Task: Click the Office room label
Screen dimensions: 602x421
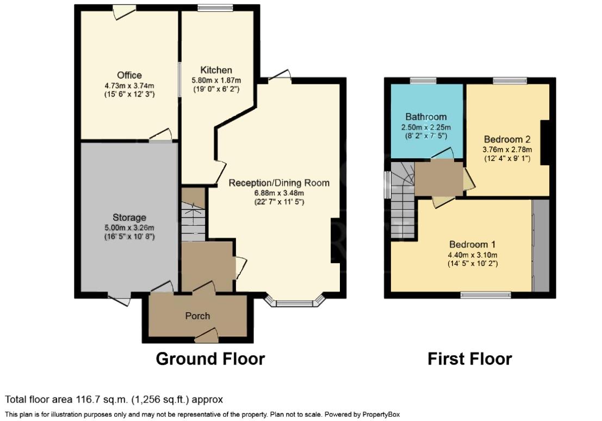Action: click(x=129, y=75)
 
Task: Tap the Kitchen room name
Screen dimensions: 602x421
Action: click(x=216, y=70)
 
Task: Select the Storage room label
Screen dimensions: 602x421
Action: click(x=129, y=218)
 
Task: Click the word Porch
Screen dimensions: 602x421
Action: click(x=198, y=315)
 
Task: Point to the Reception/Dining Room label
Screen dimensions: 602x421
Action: click(x=279, y=183)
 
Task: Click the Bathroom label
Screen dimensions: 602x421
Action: click(x=426, y=116)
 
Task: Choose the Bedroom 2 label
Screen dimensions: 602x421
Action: click(x=507, y=139)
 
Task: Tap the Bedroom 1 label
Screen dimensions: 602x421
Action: click(x=473, y=244)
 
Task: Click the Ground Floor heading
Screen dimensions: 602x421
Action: click(x=210, y=359)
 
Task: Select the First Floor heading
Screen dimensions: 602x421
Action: click(x=470, y=359)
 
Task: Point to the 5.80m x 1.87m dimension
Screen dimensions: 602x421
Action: click(x=216, y=81)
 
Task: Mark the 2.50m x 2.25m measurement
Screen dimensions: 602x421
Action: click(x=426, y=127)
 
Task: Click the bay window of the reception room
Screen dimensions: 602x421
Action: click(x=295, y=301)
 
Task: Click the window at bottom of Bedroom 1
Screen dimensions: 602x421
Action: click(x=486, y=295)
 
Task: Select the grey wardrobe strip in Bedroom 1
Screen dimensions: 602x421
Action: click(x=541, y=245)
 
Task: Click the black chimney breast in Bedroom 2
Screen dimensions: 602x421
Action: click(x=545, y=143)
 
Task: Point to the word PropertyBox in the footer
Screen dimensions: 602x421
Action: click(x=381, y=414)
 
